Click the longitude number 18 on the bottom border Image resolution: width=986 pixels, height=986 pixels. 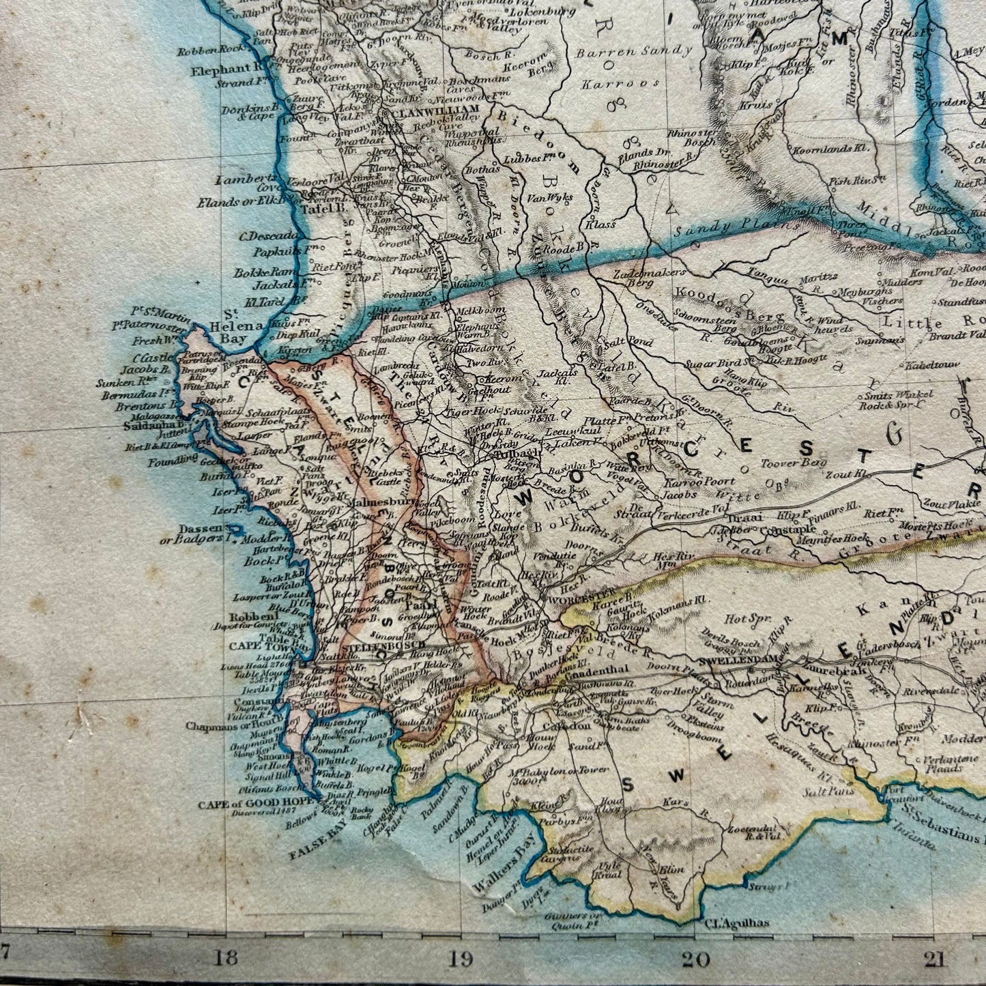pyautogui.click(x=225, y=959)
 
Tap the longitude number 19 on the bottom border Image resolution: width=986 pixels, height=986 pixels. pyautogui.click(x=461, y=959)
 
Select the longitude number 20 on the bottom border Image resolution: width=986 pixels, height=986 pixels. pyautogui.click(x=697, y=959)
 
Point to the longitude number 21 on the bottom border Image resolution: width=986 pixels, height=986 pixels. pyautogui.click(x=933, y=959)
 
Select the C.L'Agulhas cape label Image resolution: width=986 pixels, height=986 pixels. pyautogui.click(x=734, y=923)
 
